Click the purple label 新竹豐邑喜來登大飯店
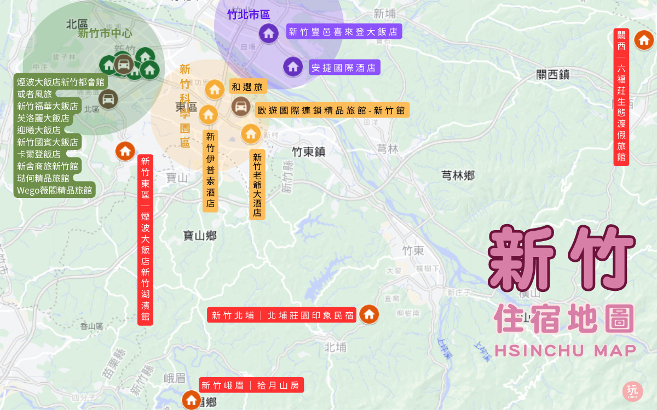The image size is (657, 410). pyautogui.click(x=343, y=32)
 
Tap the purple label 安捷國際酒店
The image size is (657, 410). pyautogui.click(x=344, y=68)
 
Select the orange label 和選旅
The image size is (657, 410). pyautogui.click(x=247, y=87)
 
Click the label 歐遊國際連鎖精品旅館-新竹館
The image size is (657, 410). pyautogui.click(x=331, y=110)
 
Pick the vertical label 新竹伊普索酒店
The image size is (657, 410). pyautogui.click(x=211, y=171)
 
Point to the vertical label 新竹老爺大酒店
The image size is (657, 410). pyautogui.click(x=257, y=185)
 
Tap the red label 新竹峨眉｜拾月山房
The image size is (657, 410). pyautogui.click(x=250, y=385)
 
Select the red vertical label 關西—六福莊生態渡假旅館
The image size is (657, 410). pyautogui.click(x=621, y=97)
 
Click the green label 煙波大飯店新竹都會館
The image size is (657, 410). pyautogui.click(x=60, y=82)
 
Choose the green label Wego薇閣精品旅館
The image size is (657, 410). pyautogui.click(x=55, y=190)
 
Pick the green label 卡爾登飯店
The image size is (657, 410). pyautogui.click(x=39, y=154)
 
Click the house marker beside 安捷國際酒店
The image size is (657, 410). pyautogui.click(x=293, y=67)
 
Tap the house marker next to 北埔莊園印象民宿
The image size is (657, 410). pyautogui.click(x=369, y=314)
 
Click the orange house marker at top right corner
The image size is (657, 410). pyautogui.click(x=643, y=39)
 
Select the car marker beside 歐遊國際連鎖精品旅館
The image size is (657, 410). pyautogui.click(x=241, y=106)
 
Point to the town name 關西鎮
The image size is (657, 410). pyautogui.click(x=553, y=75)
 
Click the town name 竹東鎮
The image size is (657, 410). pyautogui.click(x=308, y=152)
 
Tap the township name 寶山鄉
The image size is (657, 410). pyautogui.click(x=200, y=236)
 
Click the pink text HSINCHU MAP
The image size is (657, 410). pyautogui.click(x=565, y=350)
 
